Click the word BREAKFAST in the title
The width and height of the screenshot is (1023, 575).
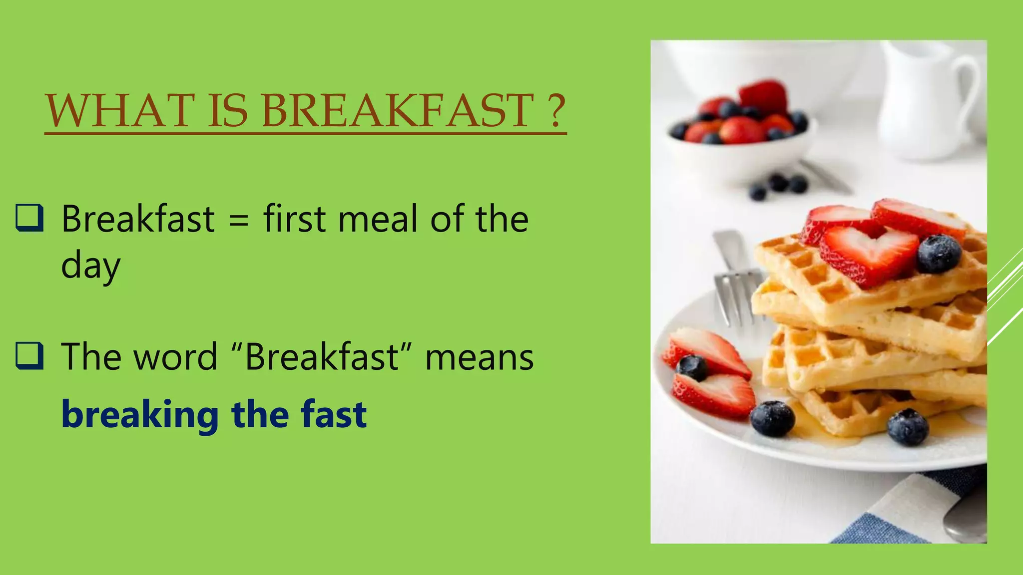397,110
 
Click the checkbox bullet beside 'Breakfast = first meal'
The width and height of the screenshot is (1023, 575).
29,218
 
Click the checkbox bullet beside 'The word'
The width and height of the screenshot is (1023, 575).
29,356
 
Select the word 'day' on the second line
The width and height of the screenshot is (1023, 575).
90,266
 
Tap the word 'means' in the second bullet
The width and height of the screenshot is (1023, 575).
479,358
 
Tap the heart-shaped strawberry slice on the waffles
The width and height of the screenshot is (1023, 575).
869,255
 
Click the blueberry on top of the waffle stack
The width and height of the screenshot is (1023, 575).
939,254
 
